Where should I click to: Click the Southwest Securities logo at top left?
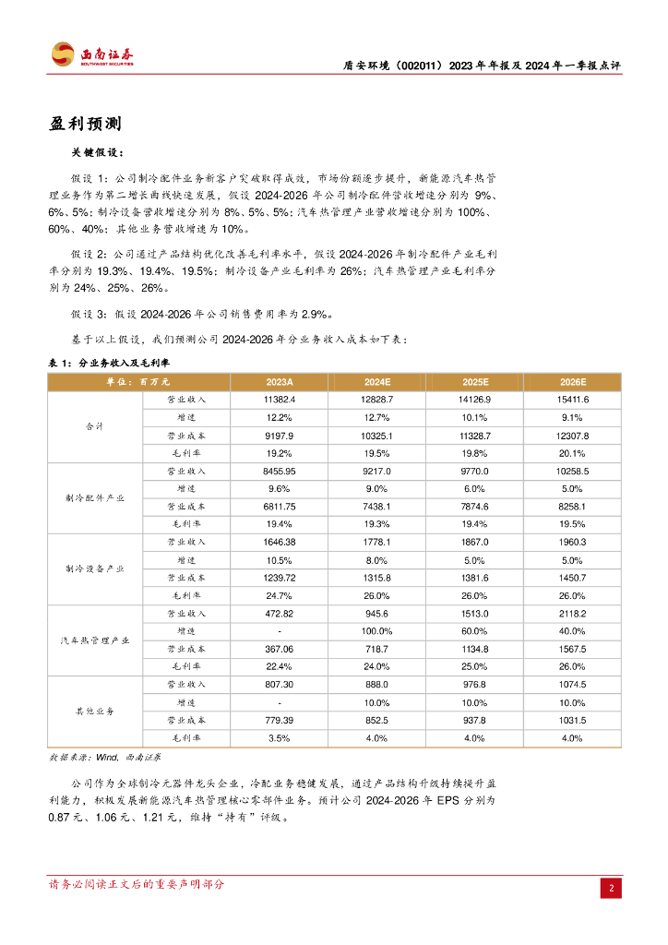pyautogui.click(x=91, y=54)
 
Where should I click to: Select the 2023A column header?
pyautogui.click(x=279, y=382)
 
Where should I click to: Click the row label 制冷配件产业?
pyautogui.click(x=95, y=497)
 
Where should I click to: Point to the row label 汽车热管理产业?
pyautogui.click(x=95, y=640)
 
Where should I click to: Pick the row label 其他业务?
pyautogui.click(x=95, y=712)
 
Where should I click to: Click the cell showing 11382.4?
pyautogui.click(x=279, y=400)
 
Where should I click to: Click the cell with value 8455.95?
pyautogui.click(x=279, y=471)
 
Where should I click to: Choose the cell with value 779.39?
pyautogui.click(x=279, y=720)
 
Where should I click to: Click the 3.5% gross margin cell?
pyautogui.click(x=279, y=737)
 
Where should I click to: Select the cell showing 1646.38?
pyautogui.click(x=279, y=542)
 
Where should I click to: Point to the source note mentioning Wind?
pyautogui.click(x=104, y=757)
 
